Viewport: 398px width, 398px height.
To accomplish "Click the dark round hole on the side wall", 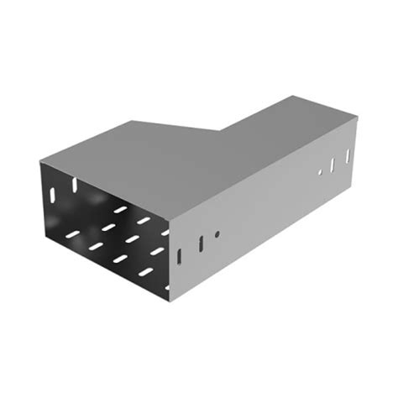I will click(217, 234).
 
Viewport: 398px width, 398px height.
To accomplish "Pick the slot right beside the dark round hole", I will click(201, 244).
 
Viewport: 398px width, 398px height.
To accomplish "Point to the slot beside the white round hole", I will click(333, 164).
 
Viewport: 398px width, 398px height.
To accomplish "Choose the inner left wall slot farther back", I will click(74, 182).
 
